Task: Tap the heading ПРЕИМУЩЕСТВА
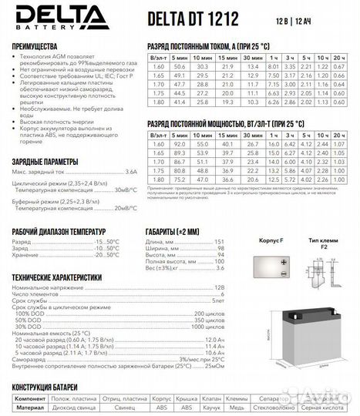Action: pos(39,45)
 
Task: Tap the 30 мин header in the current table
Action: pos(251,57)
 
